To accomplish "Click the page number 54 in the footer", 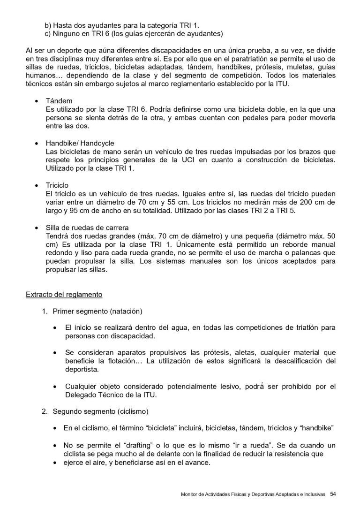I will point(333,494).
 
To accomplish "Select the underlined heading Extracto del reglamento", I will point(63,295).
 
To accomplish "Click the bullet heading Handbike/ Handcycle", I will point(80,143).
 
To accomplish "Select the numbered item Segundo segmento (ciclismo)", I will point(100,412).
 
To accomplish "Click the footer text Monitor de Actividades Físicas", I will point(220,494).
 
